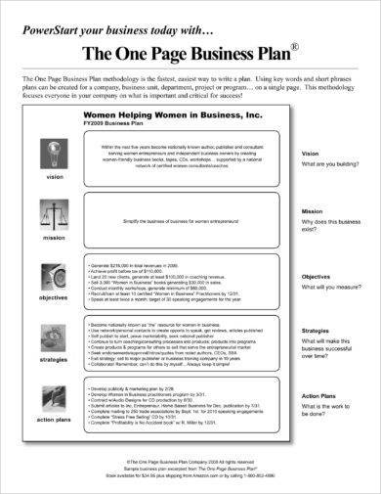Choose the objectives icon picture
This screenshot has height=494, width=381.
point(52,279)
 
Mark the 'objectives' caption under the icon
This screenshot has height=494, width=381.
point(52,296)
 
